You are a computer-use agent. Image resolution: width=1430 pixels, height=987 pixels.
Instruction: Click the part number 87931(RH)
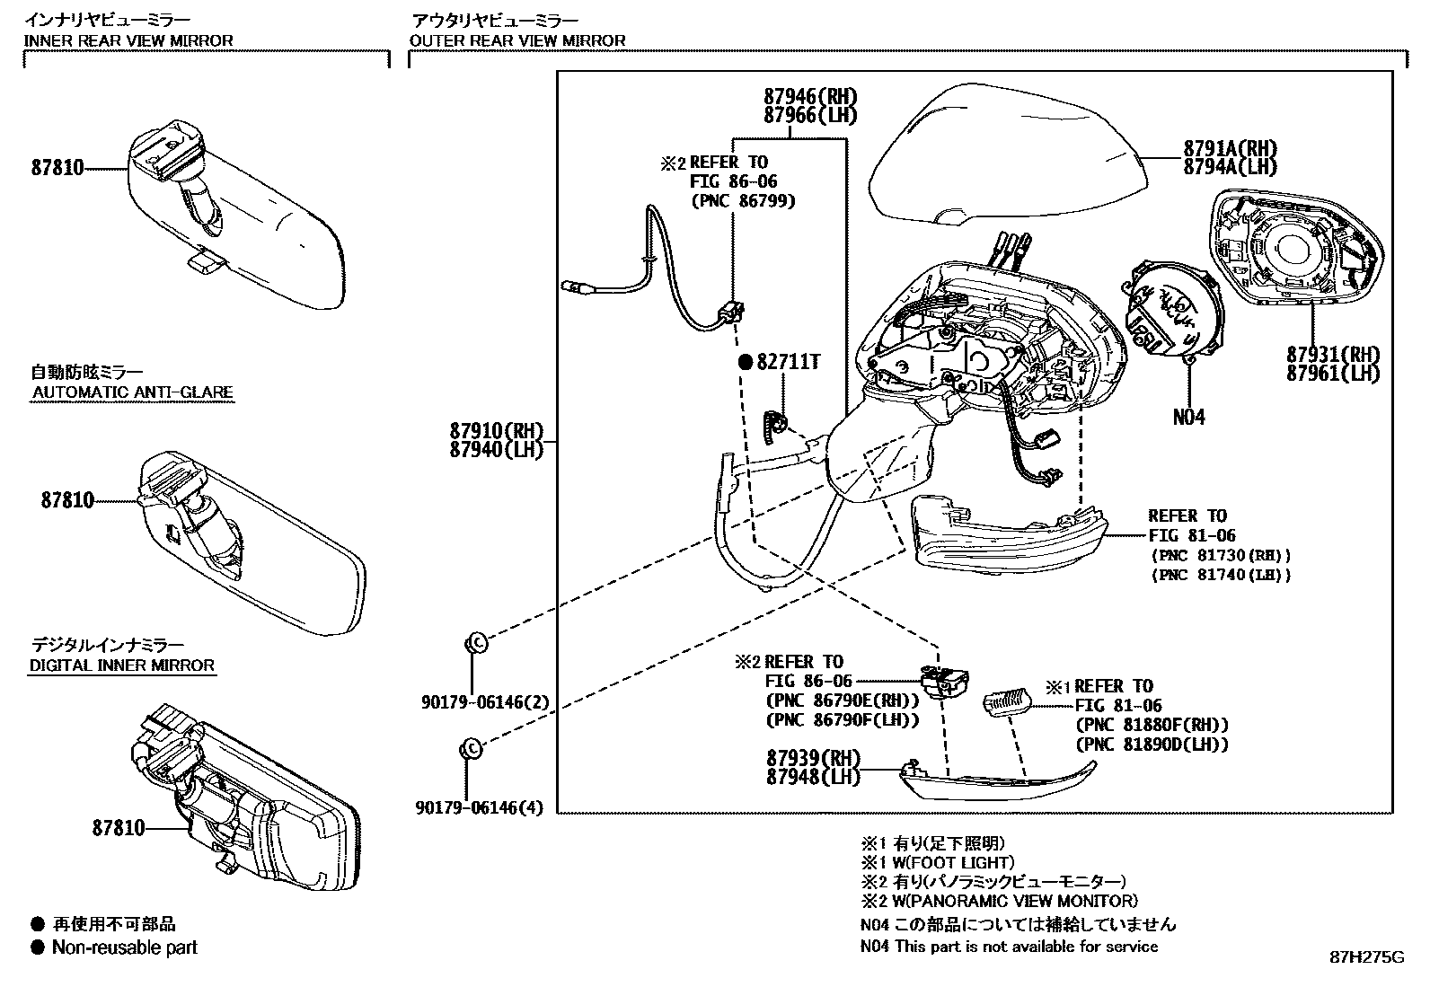[1332, 354]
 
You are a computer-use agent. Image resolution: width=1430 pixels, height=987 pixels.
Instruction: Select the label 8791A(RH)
[1229, 148]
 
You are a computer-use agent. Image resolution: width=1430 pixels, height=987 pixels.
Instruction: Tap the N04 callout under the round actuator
[1188, 417]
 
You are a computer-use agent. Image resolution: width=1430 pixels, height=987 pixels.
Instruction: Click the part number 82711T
[788, 362]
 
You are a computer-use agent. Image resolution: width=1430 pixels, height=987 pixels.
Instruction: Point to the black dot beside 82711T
[745, 362]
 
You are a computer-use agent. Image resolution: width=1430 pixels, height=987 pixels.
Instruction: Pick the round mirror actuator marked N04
[1168, 310]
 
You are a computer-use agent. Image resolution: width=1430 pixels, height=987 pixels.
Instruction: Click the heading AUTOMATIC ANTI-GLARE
[133, 392]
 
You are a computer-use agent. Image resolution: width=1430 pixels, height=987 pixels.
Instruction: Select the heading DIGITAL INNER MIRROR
[122, 665]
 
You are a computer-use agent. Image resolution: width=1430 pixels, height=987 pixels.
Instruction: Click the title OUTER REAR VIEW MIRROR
[517, 40]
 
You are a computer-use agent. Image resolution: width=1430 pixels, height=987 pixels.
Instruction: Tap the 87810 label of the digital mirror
[118, 828]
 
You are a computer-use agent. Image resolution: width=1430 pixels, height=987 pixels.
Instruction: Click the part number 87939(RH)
[813, 757]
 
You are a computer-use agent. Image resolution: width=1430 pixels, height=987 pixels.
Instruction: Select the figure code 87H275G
[1366, 957]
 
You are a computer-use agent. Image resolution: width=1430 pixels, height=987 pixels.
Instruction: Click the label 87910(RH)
[497, 430]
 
